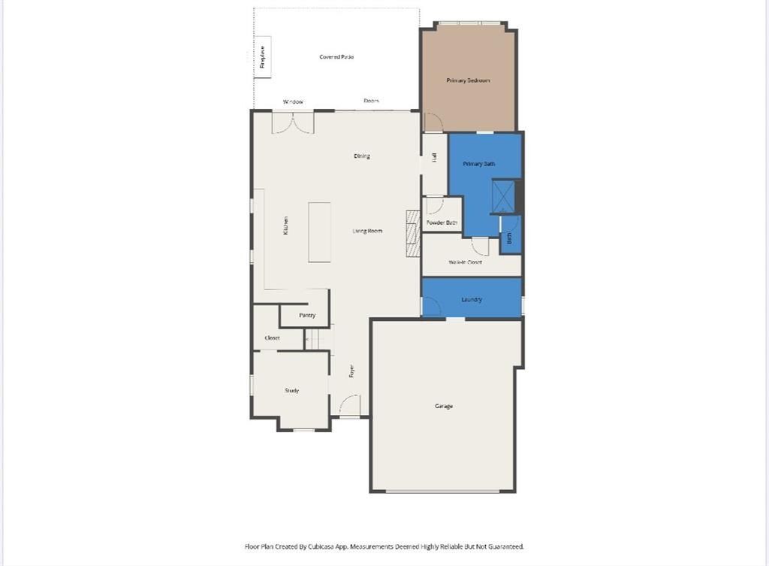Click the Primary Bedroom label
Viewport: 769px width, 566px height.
click(x=468, y=80)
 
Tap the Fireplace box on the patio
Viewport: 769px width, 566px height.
click(x=263, y=56)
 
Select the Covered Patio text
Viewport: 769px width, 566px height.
click(x=336, y=57)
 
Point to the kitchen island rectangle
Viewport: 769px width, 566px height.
click(x=319, y=232)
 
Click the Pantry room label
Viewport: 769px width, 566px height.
click(x=307, y=316)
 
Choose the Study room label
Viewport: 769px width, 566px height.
click(x=291, y=391)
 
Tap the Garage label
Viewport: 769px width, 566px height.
click(x=444, y=407)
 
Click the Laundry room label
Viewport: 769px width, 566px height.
click(x=472, y=300)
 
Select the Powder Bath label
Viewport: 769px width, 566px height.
click(x=442, y=223)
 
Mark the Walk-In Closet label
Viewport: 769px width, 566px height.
click(x=465, y=262)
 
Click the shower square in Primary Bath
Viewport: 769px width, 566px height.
click(x=502, y=196)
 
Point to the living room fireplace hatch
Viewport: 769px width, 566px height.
click(x=412, y=234)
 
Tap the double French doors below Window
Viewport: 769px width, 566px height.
click(x=293, y=123)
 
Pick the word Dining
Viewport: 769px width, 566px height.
click(x=362, y=156)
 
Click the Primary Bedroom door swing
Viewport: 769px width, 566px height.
click(x=433, y=123)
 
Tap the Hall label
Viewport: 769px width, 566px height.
click(x=434, y=157)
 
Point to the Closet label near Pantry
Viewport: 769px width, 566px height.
click(x=273, y=338)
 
